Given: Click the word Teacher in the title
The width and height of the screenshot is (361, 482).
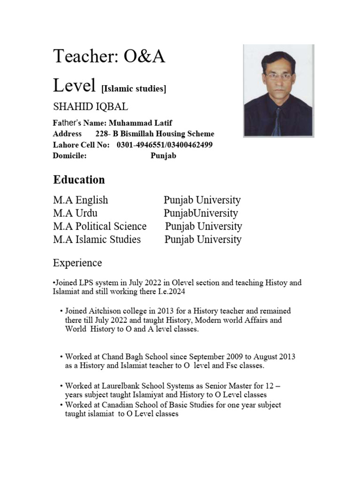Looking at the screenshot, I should click(84, 56).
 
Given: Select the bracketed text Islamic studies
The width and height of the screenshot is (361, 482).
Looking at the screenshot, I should click(134, 88).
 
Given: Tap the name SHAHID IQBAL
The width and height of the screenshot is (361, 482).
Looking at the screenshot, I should click(90, 107).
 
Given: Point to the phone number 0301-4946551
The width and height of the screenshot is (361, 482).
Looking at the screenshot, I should click(134, 145).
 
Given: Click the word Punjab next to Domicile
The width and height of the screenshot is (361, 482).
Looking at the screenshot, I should click(163, 156).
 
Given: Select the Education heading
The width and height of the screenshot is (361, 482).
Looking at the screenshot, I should click(79, 180).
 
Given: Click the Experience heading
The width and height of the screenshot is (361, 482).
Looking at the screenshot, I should click(77, 262).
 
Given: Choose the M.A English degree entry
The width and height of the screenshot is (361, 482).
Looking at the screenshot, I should click(80, 200).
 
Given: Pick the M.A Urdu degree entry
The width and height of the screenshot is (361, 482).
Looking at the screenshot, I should click(75, 213).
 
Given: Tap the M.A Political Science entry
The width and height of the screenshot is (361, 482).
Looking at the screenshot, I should click(100, 226).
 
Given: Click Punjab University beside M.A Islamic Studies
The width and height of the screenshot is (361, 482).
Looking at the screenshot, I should click(203, 240).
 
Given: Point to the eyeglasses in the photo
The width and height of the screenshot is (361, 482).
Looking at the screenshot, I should click(278, 76).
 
